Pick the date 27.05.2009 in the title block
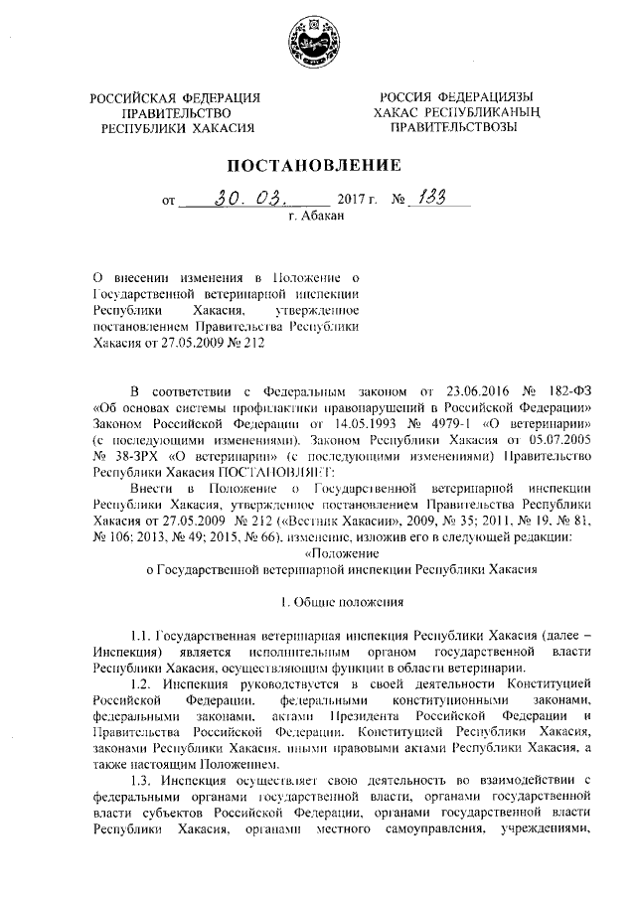click(x=180, y=341)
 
